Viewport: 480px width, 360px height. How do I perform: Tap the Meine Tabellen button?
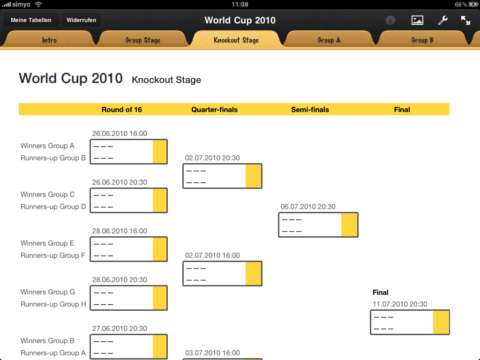coord(31,20)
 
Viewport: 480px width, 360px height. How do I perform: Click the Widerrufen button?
coord(82,20)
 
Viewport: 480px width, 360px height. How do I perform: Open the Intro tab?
coord(49,40)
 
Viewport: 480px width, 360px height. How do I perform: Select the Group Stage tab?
coord(143,40)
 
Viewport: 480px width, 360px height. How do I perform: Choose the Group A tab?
coord(329,40)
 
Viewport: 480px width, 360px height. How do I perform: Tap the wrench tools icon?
coord(442,20)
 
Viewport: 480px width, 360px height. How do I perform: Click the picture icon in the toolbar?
coord(417,20)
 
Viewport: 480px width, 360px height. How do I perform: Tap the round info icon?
coord(390,20)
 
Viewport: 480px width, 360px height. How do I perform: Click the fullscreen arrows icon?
coord(465,20)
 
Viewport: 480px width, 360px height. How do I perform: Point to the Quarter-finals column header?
coord(214,110)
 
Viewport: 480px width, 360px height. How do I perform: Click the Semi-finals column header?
coord(310,110)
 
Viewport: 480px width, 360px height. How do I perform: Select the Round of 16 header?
coord(121,110)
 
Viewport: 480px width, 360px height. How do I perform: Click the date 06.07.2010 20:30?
coord(308,207)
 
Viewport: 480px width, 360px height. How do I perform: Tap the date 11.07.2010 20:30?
coord(400,304)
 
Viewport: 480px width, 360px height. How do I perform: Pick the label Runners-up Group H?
coord(53,304)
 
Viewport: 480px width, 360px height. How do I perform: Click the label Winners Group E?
coord(47,243)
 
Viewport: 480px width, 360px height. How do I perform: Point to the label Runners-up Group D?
coord(53,207)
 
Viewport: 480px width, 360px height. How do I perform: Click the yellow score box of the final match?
coord(441,322)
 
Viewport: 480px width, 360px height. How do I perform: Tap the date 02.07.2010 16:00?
coord(212,255)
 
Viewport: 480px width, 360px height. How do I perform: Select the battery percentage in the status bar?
coord(460,4)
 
